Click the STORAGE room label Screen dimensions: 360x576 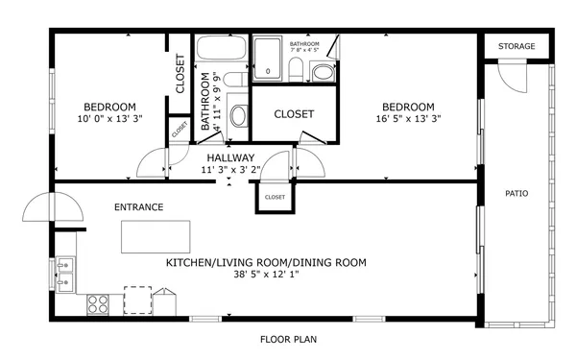click(x=516, y=47)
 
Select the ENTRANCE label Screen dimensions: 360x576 click(x=138, y=207)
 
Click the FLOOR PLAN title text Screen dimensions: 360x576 click(x=288, y=339)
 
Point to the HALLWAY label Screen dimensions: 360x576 click(x=228, y=157)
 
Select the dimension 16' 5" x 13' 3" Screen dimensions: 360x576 click(x=408, y=120)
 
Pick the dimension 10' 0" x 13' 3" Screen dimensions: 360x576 click(x=108, y=120)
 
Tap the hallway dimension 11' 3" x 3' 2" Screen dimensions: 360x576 click(x=228, y=170)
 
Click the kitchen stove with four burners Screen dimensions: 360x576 click(x=98, y=304)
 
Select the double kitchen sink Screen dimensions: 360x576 click(x=65, y=274)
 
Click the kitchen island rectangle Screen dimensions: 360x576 click(x=156, y=236)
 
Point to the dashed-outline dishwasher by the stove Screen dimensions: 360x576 click(x=138, y=300)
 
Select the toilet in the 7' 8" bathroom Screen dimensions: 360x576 click(x=297, y=68)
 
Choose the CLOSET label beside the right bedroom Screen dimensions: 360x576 click(x=294, y=114)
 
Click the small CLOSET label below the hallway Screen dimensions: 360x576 click(x=275, y=197)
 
